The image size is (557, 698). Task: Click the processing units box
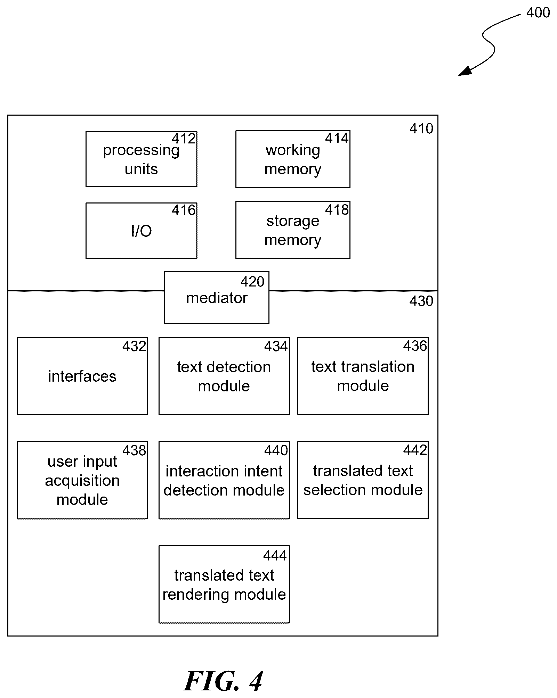tap(141, 159)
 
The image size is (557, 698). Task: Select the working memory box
tap(293, 159)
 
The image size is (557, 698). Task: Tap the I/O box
tap(141, 231)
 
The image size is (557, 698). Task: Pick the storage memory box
tap(293, 230)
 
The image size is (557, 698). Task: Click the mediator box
tap(217, 297)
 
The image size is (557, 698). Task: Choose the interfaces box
tap(82, 376)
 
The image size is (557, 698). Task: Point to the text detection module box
tap(224, 376)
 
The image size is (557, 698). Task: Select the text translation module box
tap(363, 376)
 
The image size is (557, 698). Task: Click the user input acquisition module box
tap(82, 480)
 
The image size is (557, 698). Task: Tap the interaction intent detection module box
tap(224, 480)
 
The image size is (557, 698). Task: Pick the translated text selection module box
tap(363, 480)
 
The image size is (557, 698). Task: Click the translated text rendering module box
tap(224, 584)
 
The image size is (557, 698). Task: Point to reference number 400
tap(538, 13)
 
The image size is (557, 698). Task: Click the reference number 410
tap(421, 129)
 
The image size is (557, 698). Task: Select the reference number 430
tap(421, 301)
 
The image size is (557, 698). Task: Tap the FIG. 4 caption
tap(223, 681)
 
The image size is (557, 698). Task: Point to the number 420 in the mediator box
tap(252, 282)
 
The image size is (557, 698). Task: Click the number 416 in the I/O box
tap(184, 210)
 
